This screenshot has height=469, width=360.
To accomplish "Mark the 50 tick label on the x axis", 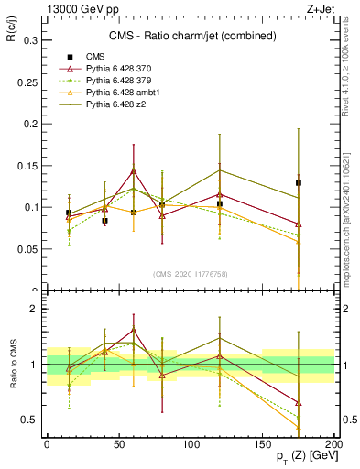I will pyautogui.click(x=119, y=444).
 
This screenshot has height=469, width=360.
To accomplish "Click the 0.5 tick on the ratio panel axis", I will pyautogui.click(x=29, y=420).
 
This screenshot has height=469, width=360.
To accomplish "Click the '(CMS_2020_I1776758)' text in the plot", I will pyautogui.click(x=190, y=273).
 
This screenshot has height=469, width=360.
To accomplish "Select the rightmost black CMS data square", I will pyautogui.click(x=299, y=183).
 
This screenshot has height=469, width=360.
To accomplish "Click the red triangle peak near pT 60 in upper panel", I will pyautogui.click(x=134, y=171).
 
